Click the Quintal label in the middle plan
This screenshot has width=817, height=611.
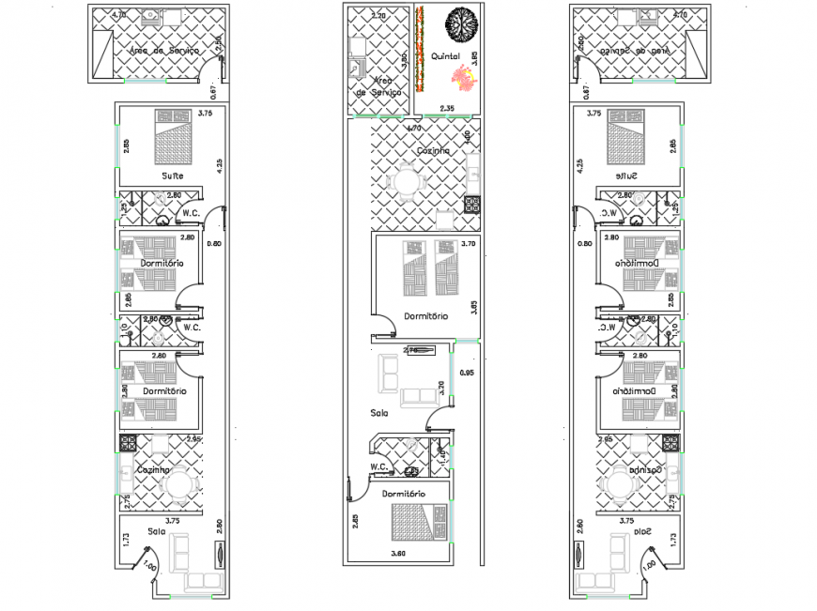pyautogui.click(x=445, y=56)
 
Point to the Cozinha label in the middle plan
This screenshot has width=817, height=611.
pyautogui.click(x=433, y=150)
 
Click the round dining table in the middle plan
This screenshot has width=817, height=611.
pyautogui.click(x=407, y=179)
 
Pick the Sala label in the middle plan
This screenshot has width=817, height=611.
pyautogui.click(x=379, y=411)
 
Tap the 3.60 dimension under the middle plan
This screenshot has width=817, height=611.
pyautogui.click(x=399, y=553)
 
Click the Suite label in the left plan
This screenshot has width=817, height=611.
pyautogui.click(x=172, y=176)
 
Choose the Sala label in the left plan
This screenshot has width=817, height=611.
pyautogui.click(x=156, y=531)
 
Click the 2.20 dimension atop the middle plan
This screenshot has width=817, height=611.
pyautogui.click(x=378, y=16)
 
